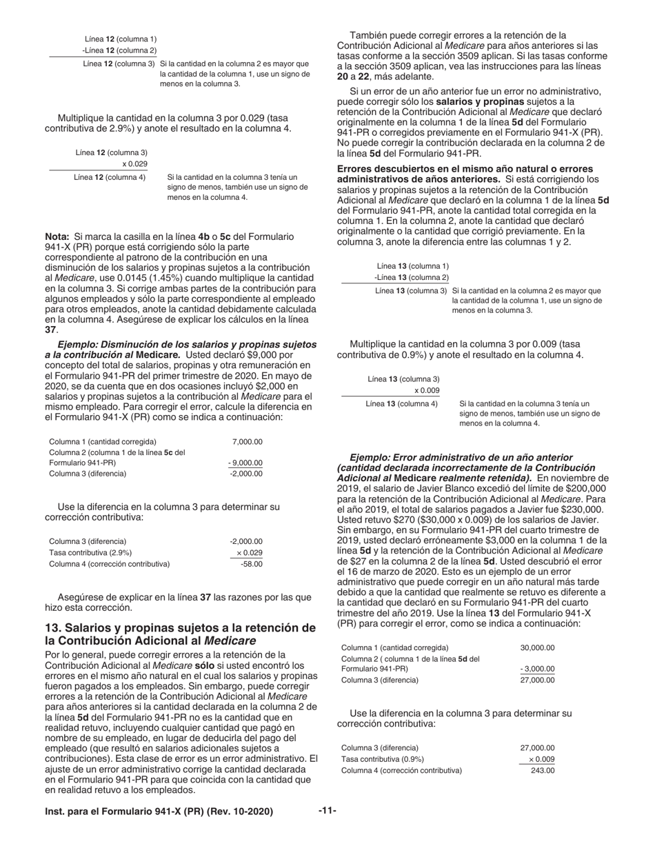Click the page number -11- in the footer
tap(327, 811)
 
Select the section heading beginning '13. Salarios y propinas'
tap(180, 634)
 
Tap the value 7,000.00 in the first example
tap(248, 441)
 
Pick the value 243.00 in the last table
tap(543, 770)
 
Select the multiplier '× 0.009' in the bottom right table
tap(541, 759)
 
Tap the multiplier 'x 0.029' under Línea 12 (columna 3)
tap(134, 163)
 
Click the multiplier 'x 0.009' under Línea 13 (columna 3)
tap(426, 390)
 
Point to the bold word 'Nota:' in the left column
tap(57, 236)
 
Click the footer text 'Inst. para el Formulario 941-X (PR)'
tap(159, 811)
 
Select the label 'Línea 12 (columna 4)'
tap(110, 176)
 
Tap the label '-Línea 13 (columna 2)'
tap(411, 277)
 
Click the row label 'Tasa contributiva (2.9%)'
tap(90, 552)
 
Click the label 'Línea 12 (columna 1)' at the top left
tap(120, 39)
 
